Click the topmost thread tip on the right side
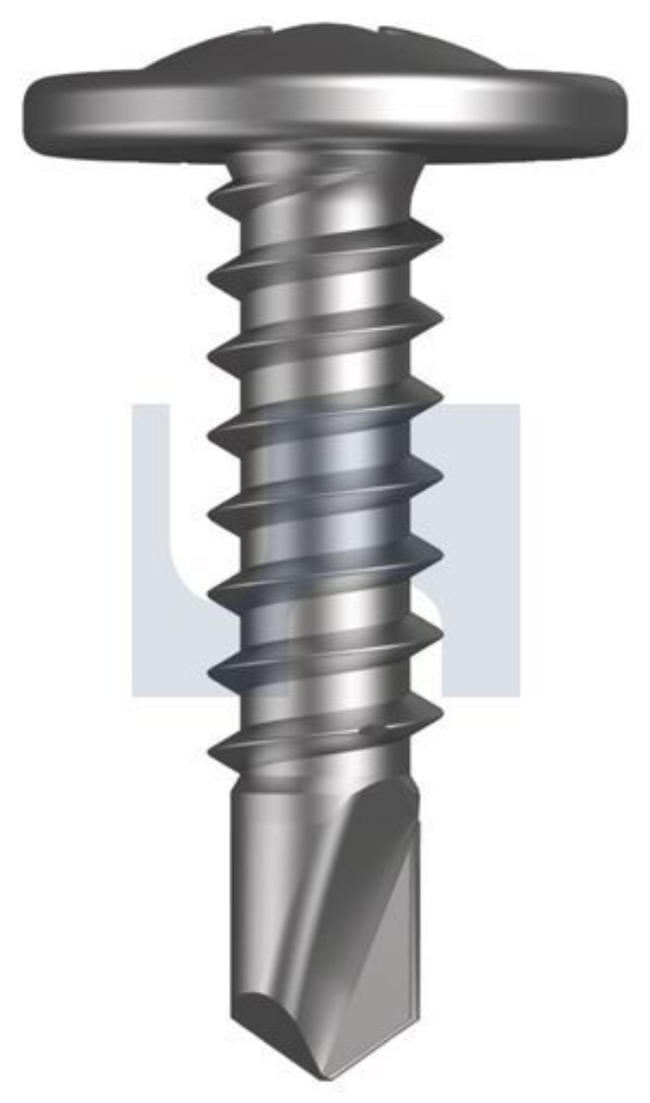[x=439, y=231]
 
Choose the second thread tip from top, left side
[x=211, y=273]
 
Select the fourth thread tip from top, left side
[x=211, y=435]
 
